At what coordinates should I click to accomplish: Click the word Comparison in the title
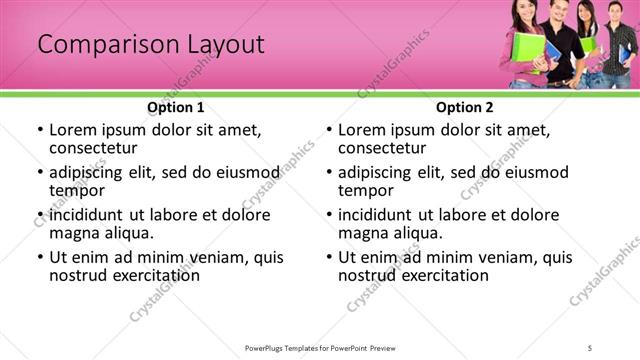pyautogui.click(x=99, y=45)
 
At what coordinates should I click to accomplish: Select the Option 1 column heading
pyautogui.click(x=176, y=106)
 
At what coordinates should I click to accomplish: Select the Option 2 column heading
pyautogui.click(x=465, y=106)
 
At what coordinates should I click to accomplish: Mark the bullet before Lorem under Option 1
pyautogui.click(x=39, y=130)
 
